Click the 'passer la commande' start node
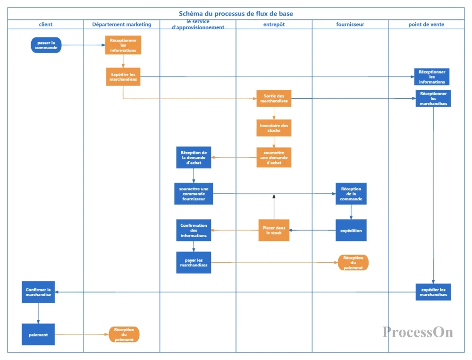[x=46, y=45]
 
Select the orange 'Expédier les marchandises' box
[x=123, y=77]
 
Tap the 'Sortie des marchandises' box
[x=274, y=99]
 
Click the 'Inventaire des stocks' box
[x=274, y=128]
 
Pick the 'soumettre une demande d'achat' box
[x=274, y=157]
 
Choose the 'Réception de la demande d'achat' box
[x=194, y=157]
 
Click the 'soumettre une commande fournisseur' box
[x=194, y=194]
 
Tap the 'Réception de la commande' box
[x=351, y=194]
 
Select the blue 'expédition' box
[x=351, y=231]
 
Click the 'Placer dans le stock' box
[x=274, y=231]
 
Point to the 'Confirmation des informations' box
[x=194, y=231]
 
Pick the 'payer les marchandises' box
[x=194, y=263]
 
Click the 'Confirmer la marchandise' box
[x=38, y=292]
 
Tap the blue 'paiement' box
[x=38, y=334]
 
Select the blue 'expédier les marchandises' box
[x=433, y=292]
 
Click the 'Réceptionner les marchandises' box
[x=433, y=99]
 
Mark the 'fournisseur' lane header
[x=350, y=25]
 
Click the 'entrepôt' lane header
[x=274, y=25]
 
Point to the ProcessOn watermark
[x=418, y=332]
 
